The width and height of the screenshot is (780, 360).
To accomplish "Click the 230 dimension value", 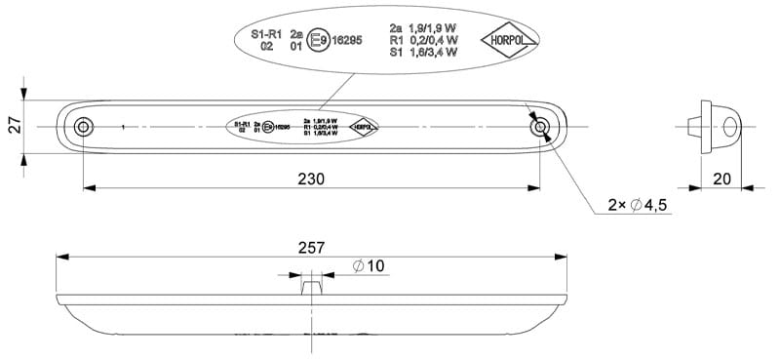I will click(x=311, y=178).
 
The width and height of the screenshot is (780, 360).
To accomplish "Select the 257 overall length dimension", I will click(x=311, y=249).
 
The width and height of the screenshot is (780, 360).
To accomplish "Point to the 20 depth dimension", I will click(x=721, y=179).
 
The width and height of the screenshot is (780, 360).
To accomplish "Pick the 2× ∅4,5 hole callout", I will click(x=638, y=205).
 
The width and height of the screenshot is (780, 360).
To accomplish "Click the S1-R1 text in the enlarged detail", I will click(x=266, y=33).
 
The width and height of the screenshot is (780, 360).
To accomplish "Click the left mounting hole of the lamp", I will click(x=84, y=127).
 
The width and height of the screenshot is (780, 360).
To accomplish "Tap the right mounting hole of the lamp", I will click(x=539, y=127).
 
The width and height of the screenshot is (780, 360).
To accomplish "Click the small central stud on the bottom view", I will click(x=311, y=288).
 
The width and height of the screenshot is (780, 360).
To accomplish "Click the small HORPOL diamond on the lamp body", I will click(x=364, y=127).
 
